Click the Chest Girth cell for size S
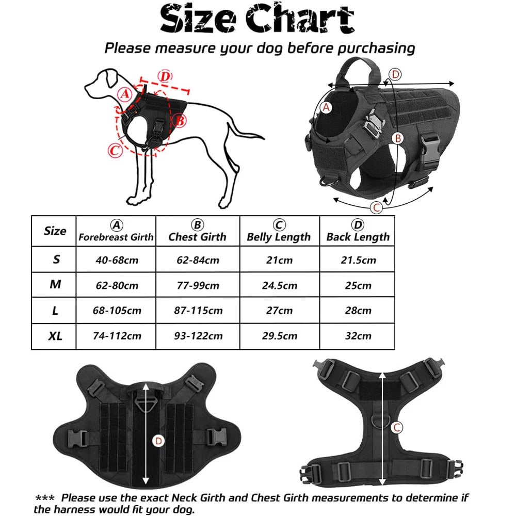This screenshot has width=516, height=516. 198,260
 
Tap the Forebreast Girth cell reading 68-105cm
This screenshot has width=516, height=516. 116,311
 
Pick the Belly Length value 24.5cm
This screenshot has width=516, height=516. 279,285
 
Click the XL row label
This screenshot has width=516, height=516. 55,336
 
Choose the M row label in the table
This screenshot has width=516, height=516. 55,285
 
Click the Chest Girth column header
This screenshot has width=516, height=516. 197,232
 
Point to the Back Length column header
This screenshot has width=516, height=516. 358,232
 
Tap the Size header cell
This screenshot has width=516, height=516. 55,231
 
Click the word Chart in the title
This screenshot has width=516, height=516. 300,20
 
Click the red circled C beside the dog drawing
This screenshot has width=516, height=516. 115,151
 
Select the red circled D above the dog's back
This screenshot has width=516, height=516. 164,77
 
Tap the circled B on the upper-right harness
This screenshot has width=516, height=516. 398,138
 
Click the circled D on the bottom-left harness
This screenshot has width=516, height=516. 158,440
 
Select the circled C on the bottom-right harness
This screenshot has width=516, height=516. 396,427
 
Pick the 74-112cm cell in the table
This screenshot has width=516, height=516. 116,336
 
